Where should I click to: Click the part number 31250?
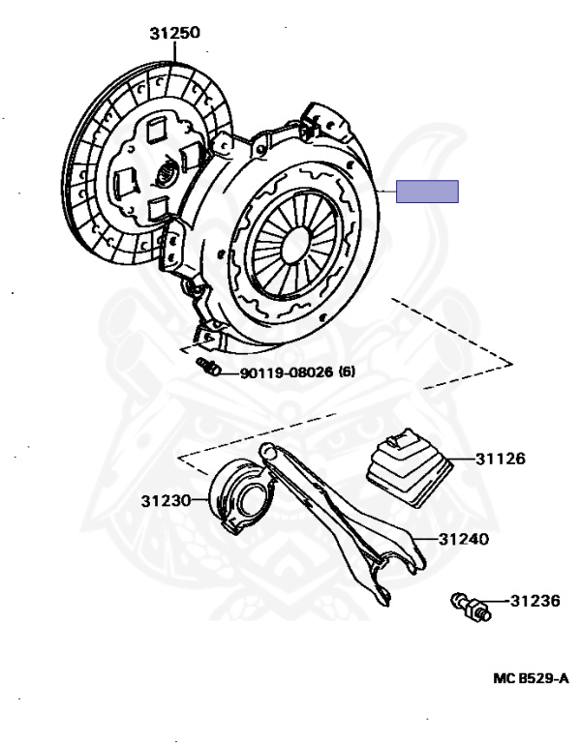coord(175,33)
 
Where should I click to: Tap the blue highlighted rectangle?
coord(427,192)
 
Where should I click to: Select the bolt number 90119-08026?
coord(287,371)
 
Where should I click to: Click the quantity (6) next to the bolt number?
coord(348,371)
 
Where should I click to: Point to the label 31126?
coord(501,459)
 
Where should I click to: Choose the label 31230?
coord(166,500)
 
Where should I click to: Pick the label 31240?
coord(464,539)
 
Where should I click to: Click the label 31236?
coord(535,601)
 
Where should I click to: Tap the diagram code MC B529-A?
coord(532,678)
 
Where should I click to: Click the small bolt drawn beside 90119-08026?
coord(209,367)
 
